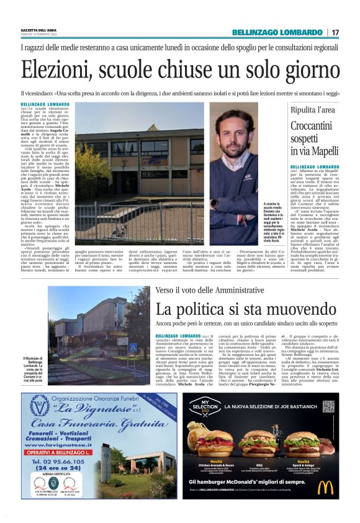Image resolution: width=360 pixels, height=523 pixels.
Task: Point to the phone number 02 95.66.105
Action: (x=57, y=463)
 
